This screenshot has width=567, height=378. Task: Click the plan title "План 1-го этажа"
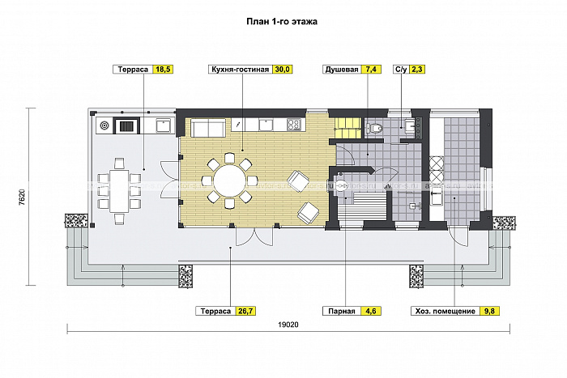pos(282,23)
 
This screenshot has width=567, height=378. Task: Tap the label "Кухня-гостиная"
pos(238,70)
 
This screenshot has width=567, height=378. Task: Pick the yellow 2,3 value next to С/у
pos(417,70)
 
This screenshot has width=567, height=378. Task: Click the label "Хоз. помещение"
pos(444,310)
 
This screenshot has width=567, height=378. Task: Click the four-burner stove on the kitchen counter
pos(294,125)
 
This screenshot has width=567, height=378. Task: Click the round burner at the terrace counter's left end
pos(104,125)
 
